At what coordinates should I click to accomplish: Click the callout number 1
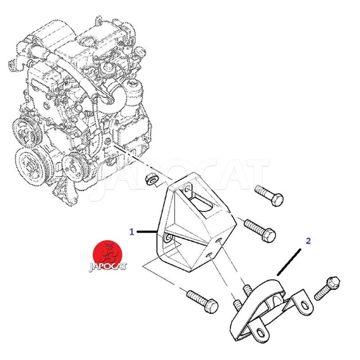coord(131,232)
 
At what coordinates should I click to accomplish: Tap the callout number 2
coord(308,241)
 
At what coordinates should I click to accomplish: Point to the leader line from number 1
coord(147,232)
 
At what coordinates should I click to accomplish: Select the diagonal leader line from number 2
coord(289,262)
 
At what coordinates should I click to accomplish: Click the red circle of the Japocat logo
coord(108,255)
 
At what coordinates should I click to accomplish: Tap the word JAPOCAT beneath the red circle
coord(108,267)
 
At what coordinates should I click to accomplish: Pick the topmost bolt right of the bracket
coord(269,195)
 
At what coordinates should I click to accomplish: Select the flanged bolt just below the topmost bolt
coord(260,230)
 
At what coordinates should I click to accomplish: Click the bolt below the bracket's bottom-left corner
coord(202,301)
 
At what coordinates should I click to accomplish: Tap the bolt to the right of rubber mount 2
coord(327,288)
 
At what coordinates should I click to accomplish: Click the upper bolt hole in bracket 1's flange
coord(187,189)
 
